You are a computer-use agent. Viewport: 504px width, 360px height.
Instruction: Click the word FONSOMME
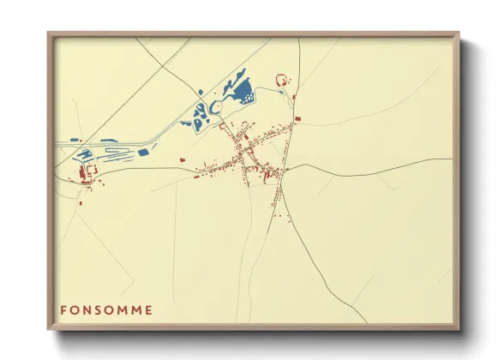[107, 309]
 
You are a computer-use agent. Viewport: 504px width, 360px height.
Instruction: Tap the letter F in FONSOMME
[63, 309]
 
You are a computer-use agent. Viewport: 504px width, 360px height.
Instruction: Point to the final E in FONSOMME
[150, 309]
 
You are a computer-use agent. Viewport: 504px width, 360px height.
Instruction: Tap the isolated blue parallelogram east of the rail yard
[143, 153]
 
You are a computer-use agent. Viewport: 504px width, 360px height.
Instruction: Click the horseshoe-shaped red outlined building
[280, 80]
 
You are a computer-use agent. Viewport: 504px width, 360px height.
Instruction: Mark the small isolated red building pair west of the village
[182, 159]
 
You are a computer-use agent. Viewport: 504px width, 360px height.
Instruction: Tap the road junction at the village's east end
[286, 169]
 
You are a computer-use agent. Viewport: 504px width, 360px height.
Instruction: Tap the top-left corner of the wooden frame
[50, 35]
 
